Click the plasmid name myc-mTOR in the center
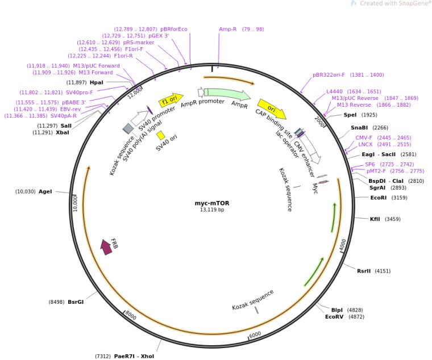click(212, 203)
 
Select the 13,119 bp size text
click(212, 210)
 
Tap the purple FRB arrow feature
click(106, 246)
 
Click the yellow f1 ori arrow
click(171, 99)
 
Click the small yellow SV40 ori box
click(161, 135)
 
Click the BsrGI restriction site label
click(76, 302)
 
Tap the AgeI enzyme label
click(45, 191)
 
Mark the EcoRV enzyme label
click(334, 316)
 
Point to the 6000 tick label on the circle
click(255, 334)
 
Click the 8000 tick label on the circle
click(130, 315)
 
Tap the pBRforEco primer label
click(174, 29)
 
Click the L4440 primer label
click(334, 91)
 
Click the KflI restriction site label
click(375, 219)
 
